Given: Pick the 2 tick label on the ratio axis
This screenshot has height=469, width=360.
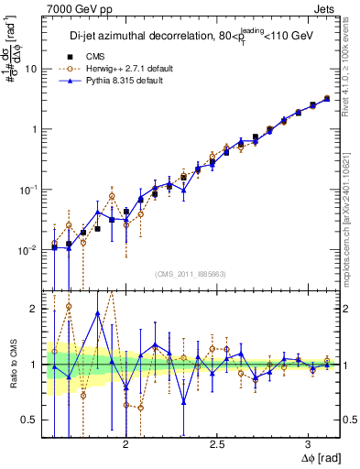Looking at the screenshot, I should pos(35,309).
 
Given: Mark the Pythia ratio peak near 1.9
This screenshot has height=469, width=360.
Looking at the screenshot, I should pos(97,313).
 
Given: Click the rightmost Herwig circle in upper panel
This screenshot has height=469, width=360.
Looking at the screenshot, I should pos(328,98).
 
